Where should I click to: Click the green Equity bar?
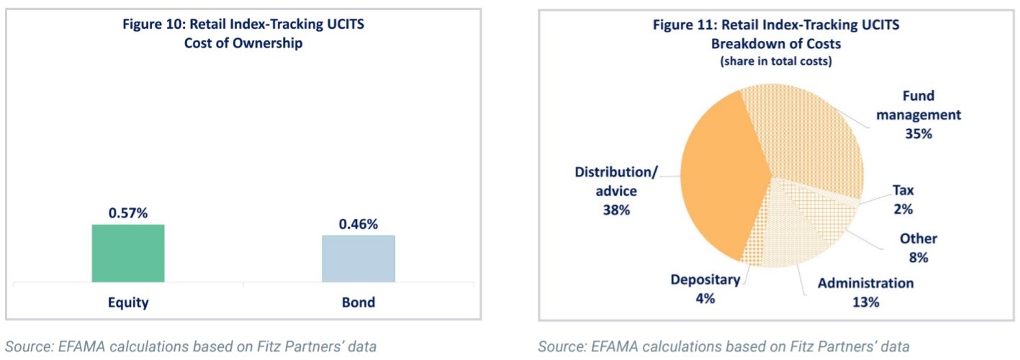(128, 253)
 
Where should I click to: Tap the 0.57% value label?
(127, 214)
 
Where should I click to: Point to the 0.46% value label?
(358, 225)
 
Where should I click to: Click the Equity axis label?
(128, 302)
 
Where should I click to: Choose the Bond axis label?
(358, 302)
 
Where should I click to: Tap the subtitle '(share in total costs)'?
(776, 61)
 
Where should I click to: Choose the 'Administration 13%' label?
(865, 292)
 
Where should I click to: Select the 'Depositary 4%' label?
(705, 289)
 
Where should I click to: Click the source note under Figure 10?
(191, 346)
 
